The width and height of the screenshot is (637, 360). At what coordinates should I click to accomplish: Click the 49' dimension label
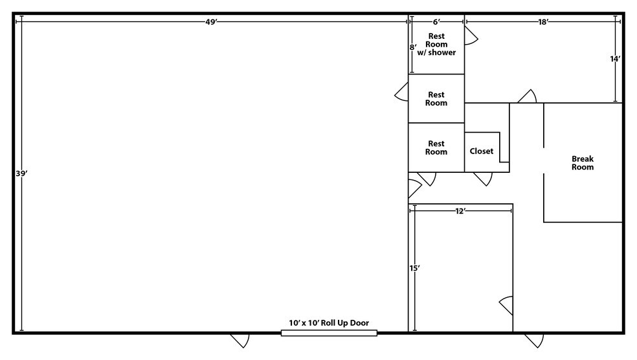pyautogui.click(x=211, y=21)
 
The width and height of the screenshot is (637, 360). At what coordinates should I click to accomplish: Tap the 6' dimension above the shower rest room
pyautogui.click(x=436, y=21)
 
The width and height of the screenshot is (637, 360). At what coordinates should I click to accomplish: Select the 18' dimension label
pyautogui.click(x=543, y=21)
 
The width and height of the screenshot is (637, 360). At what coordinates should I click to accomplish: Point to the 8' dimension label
pyautogui.click(x=412, y=47)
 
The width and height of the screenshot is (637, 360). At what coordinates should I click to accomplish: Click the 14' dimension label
pyautogui.click(x=615, y=58)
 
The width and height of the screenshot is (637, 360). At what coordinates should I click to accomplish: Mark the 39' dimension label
pyautogui.click(x=21, y=174)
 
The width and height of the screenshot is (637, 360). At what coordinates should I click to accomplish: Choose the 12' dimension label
pyautogui.click(x=460, y=211)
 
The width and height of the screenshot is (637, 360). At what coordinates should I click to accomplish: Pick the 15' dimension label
pyautogui.click(x=414, y=267)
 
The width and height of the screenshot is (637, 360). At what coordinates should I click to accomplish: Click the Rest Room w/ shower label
pyautogui.click(x=437, y=44)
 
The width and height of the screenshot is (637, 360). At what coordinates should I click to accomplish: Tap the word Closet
pyautogui.click(x=482, y=151)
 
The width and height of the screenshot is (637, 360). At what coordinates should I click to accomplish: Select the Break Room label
pyautogui.click(x=583, y=163)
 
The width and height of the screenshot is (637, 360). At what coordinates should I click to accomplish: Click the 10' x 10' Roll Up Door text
pyautogui.click(x=329, y=322)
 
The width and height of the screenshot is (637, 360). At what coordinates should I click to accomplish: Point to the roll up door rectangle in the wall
pyautogui.click(x=329, y=333)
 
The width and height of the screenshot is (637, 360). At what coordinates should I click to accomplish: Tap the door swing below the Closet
pyautogui.click(x=483, y=178)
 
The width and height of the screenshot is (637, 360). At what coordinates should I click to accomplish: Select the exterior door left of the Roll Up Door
pyautogui.click(x=240, y=340)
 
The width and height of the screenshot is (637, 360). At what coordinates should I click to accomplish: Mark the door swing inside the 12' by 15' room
pyautogui.click(x=507, y=304)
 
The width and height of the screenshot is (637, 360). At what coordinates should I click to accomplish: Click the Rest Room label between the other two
pyautogui.click(x=437, y=98)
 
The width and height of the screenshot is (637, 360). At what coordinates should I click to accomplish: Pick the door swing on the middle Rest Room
pyautogui.click(x=401, y=93)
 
